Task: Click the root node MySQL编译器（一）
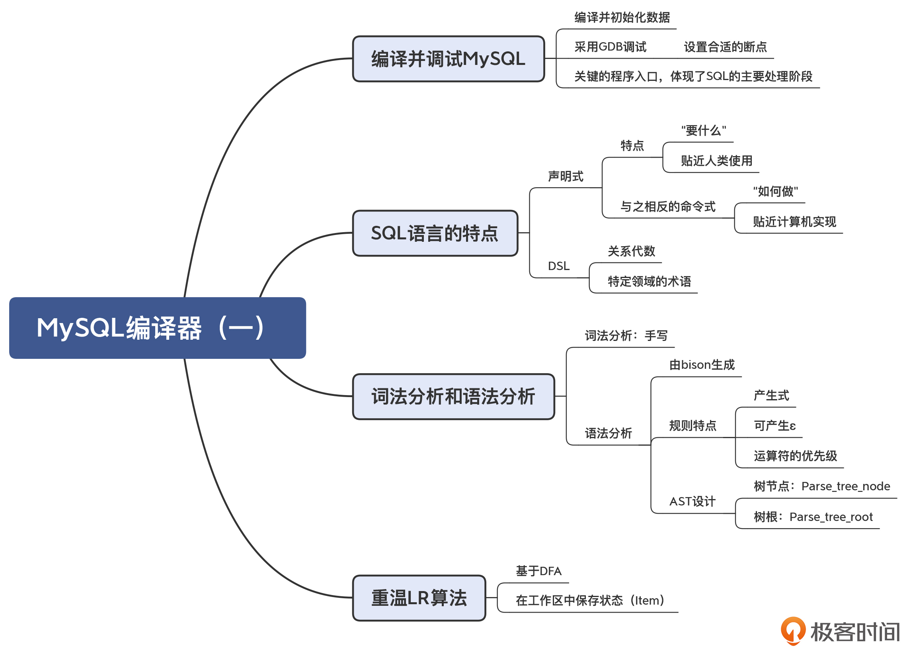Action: point(158,328)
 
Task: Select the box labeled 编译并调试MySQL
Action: point(448,59)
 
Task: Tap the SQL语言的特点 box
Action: point(435,233)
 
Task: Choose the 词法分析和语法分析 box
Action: point(453,396)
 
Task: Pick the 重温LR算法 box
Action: point(419,598)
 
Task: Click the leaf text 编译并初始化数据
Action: point(622,18)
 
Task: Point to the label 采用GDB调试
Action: point(611,47)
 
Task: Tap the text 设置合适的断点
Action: point(725,47)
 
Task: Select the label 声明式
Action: point(566,176)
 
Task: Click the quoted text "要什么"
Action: point(703,131)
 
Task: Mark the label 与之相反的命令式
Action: point(668,207)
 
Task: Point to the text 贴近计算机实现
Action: point(794,222)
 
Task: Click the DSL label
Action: point(559,266)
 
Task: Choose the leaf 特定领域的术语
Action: point(649,282)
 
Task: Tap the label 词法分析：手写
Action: point(626,336)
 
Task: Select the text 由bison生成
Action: point(702,365)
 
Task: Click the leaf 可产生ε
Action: point(774,426)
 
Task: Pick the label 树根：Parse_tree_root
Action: point(813,517)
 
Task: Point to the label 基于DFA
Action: point(538,571)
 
